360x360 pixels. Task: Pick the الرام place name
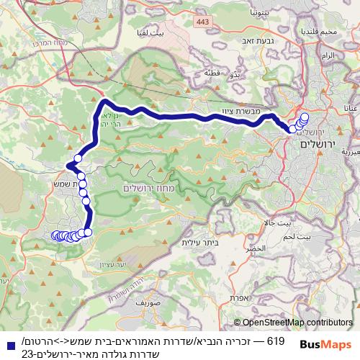click(x=328, y=55)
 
